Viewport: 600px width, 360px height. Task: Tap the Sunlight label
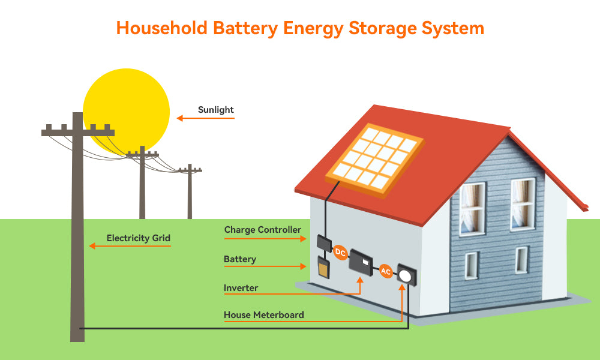216,110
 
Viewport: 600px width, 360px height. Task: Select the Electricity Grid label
139,238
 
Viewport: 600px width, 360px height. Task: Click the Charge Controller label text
263,230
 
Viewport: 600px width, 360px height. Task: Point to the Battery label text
240,259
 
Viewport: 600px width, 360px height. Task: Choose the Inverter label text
241,288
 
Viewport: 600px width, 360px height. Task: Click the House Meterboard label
264,315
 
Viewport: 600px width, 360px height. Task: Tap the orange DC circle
340,252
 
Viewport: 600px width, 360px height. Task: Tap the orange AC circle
386,271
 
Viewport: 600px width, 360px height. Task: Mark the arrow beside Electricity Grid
130,246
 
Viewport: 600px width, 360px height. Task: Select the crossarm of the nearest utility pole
78,132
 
